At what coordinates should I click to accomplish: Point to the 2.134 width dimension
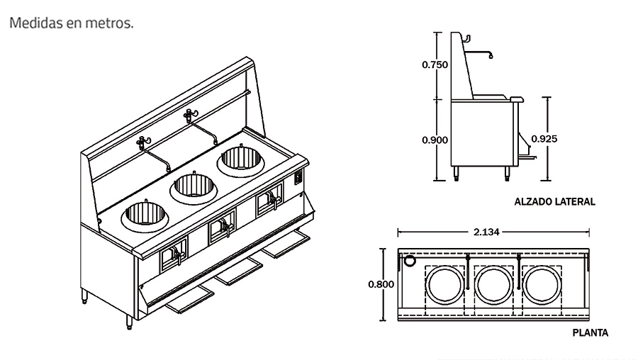493,231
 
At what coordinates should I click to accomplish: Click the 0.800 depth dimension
380,283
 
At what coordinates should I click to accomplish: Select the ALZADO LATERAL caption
555,202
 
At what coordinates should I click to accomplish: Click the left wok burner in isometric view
147,215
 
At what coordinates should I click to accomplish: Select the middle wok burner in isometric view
193,186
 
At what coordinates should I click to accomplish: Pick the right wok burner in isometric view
240,159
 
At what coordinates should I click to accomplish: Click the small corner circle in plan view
409,261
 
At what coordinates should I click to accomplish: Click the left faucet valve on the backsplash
142,142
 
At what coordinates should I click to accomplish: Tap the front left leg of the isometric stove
130,320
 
